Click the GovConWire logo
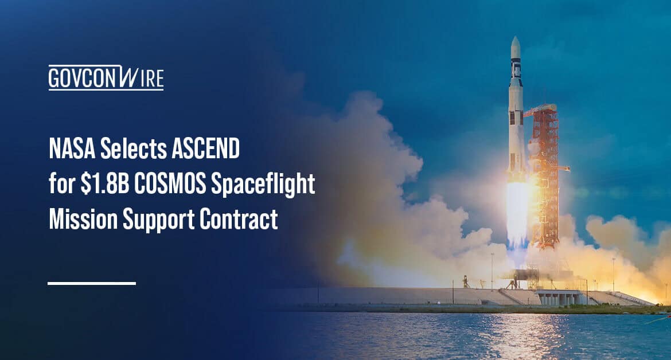point(106,78)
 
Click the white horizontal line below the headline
point(92,283)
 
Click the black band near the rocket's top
point(516,69)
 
